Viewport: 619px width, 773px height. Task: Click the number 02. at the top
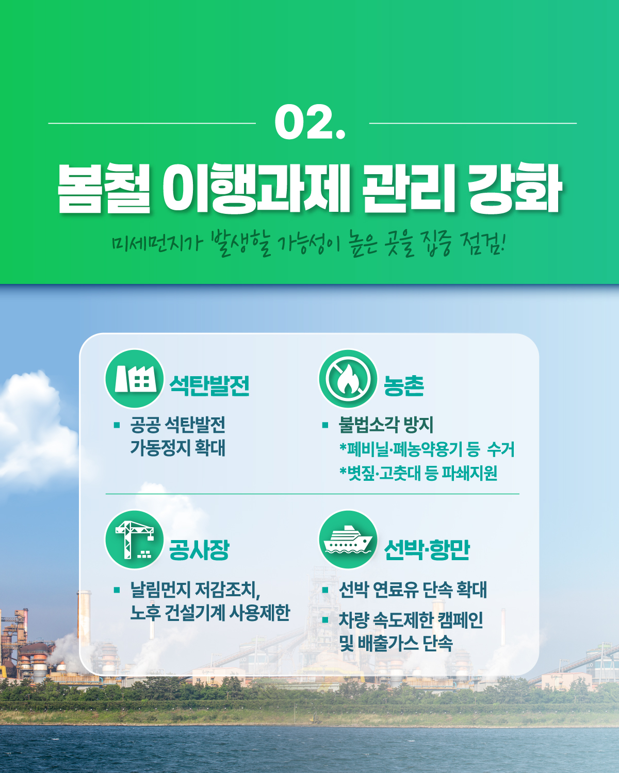pyautogui.click(x=309, y=123)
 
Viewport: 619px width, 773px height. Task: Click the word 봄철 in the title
pyautogui.click(x=103, y=188)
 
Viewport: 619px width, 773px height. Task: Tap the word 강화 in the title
pyautogui.click(x=514, y=188)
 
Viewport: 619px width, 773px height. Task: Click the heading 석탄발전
pyautogui.click(x=209, y=385)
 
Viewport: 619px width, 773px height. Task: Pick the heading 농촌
pyautogui.click(x=404, y=385)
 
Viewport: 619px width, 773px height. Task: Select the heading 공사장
pyautogui.click(x=199, y=549)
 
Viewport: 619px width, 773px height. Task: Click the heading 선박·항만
pyautogui.click(x=427, y=549)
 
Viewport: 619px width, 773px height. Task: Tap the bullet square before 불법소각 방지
pyautogui.click(x=325, y=426)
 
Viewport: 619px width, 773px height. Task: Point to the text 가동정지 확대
pyautogui.click(x=177, y=447)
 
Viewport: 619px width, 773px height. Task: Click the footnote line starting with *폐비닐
pyautogui.click(x=427, y=449)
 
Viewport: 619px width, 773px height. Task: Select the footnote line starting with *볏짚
pyautogui.click(x=418, y=473)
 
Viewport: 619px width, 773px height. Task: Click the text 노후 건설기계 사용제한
pyautogui.click(x=210, y=613)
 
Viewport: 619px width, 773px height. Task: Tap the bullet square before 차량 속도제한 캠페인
pyautogui.click(x=325, y=620)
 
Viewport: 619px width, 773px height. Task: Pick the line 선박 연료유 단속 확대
pyautogui.click(x=413, y=590)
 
